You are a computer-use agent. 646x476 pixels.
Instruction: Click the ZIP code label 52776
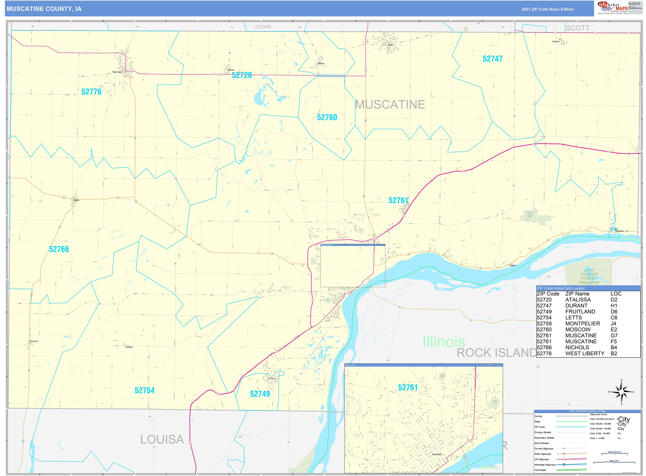click(x=91, y=92)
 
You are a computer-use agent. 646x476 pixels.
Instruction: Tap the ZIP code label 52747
click(x=492, y=59)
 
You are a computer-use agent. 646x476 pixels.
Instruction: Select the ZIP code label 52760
click(x=327, y=117)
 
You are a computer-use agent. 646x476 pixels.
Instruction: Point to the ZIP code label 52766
click(x=59, y=249)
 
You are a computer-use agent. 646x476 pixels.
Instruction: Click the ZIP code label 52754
click(x=144, y=390)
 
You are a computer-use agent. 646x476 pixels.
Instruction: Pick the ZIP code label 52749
click(x=260, y=394)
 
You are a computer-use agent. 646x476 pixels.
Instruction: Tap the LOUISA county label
click(x=162, y=439)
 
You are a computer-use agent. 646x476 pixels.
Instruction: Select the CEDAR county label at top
click(x=263, y=27)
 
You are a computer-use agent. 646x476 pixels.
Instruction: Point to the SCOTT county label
click(x=577, y=28)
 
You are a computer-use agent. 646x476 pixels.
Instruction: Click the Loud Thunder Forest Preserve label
click(x=589, y=276)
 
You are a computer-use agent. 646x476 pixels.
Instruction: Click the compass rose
click(x=621, y=392)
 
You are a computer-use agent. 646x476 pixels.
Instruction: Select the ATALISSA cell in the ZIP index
click(x=578, y=300)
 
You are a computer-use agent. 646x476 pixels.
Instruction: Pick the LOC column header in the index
click(x=616, y=294)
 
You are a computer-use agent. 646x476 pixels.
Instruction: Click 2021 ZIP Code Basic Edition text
click(x=548, y=9)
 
